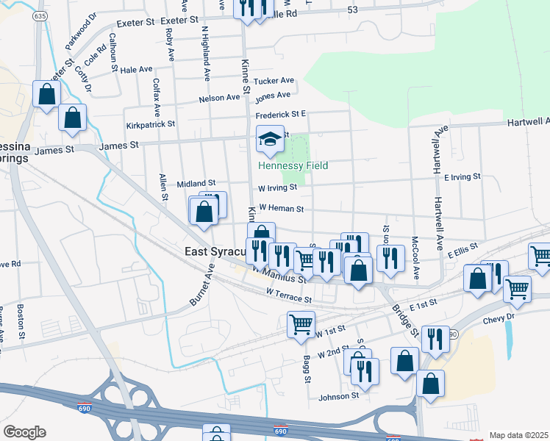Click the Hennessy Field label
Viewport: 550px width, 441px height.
tap(293, 166)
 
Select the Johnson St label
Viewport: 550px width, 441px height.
tap(339, 396)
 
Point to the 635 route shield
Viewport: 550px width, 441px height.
tap(40, 15)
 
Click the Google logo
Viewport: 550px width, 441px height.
tap(24, 432)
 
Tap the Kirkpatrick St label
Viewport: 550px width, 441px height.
tap(151, 126)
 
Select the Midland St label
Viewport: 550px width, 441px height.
tap(196, 183)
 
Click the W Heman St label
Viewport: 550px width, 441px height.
tap(281, 209)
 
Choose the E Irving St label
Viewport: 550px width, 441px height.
tap(462, 177)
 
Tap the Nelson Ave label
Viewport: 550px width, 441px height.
tap(219, 98)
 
